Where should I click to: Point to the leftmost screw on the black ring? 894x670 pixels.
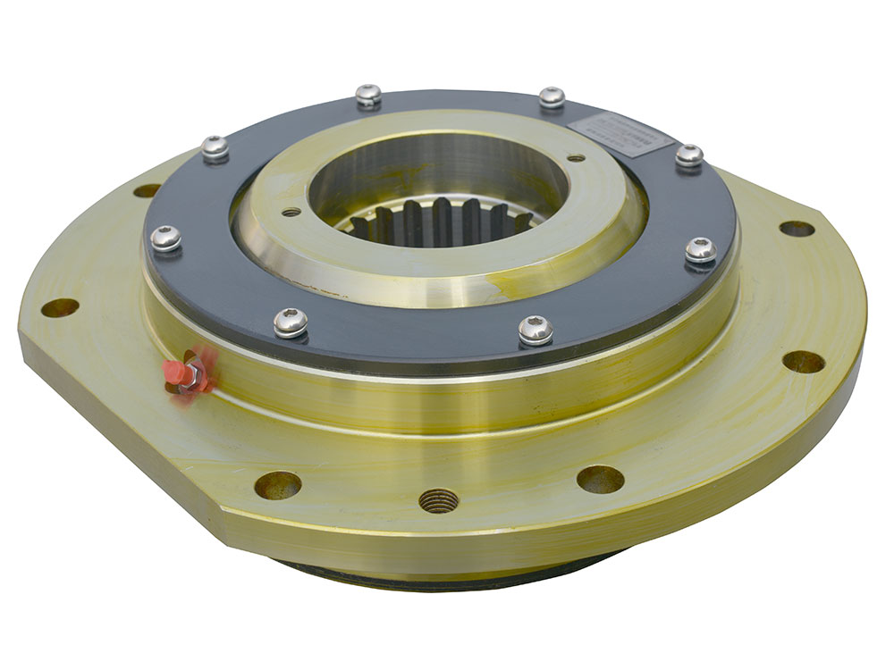(165, 238)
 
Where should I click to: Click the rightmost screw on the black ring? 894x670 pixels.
(701, 249)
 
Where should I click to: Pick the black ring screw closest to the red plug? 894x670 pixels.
(291, 322)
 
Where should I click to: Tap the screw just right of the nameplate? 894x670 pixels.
(688, 155)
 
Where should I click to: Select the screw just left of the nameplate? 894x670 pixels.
(552, 96)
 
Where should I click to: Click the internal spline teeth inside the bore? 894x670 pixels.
(438, 223)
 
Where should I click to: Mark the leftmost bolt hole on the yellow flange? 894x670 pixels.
(60, 308)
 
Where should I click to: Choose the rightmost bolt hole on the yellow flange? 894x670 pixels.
(803, 362)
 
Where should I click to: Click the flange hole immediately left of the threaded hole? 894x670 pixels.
(278, 485)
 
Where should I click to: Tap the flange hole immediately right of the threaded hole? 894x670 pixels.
(600, 479)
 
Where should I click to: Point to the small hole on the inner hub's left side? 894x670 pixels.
(291, 213)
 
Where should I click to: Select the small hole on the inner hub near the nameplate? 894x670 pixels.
(576, 158)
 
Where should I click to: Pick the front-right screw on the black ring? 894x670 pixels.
(536, 330)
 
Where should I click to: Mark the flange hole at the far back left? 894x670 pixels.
(148, 190)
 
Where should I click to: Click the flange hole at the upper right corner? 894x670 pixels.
(797, 229)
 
